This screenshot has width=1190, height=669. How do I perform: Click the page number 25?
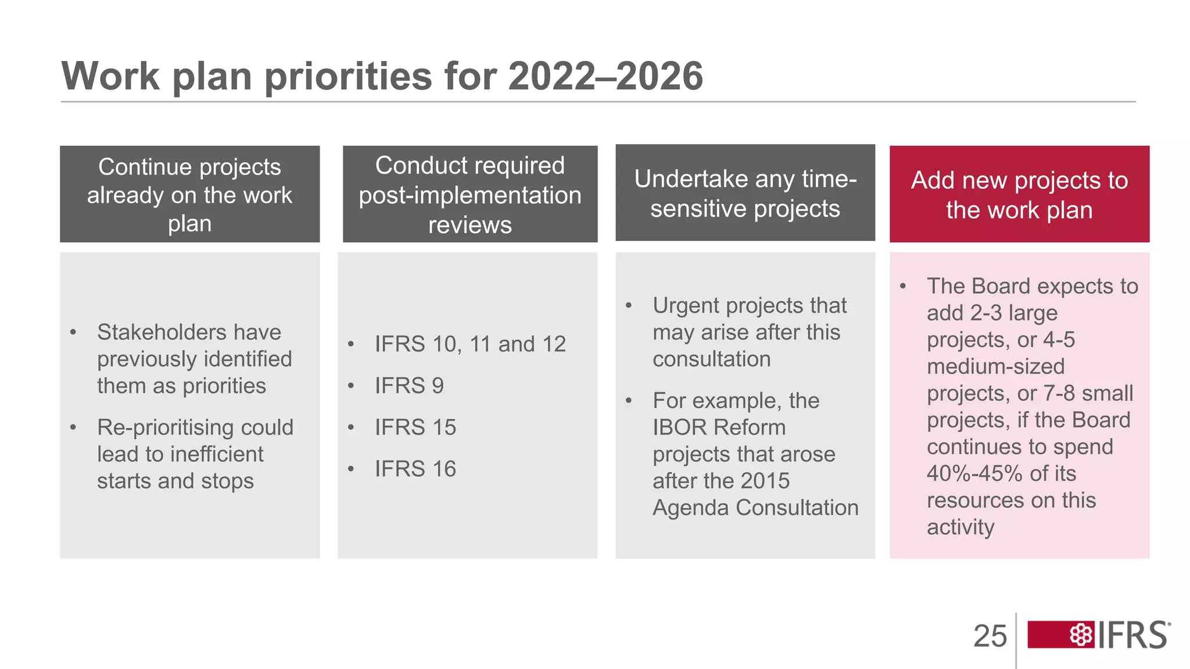[990, 636]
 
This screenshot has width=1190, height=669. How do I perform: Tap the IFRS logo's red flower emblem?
[1081, 635]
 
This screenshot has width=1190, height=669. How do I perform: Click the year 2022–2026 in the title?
[605, 76]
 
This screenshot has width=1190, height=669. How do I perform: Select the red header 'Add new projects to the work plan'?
[1019, 195]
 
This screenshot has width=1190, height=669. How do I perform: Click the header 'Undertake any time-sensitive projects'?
[745, 193]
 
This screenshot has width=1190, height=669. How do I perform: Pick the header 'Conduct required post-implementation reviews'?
[469, 195]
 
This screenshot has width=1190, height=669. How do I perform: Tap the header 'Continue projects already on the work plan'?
[189, 195]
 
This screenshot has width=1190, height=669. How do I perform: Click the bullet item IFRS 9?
[409, 386]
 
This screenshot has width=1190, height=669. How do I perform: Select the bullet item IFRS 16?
[415, 469]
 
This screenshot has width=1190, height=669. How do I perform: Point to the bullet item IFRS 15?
[415, 427]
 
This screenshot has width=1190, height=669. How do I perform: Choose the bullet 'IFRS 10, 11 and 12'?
[469, 344]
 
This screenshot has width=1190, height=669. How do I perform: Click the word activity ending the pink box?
[960, 527]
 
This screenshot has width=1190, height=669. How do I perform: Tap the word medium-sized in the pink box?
[995, 366]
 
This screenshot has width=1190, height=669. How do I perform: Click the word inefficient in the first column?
[217, 454]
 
